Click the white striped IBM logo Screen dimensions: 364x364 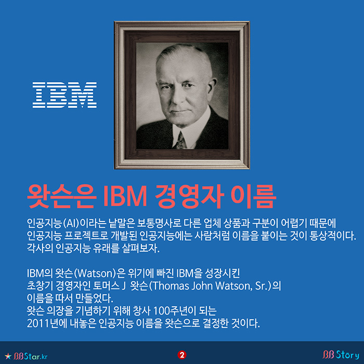pyautogui.click(x=64, y=95)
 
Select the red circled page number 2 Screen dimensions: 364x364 pyautogui.click(x=182, y=355)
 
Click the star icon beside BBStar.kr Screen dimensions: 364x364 pyautogui.click(x=8, y=355)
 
